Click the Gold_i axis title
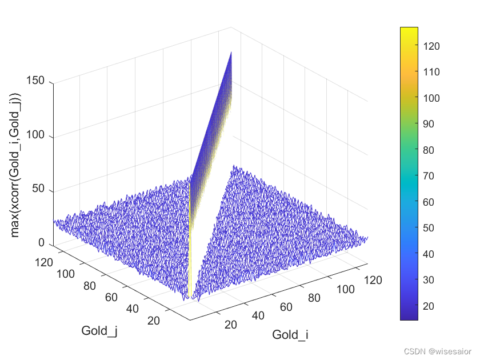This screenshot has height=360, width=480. [x=290, y=335]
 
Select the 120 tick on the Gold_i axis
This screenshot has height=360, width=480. [x=373, y=280]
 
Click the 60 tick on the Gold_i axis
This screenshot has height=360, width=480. [x=286, y=307]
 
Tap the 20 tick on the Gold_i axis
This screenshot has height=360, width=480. [x=230, y=325]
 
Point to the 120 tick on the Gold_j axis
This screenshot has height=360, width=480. [x=61, y=262]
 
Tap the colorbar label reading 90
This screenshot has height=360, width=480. [x=431, y=124]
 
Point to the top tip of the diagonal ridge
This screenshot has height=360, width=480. [x=231, y=52]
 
